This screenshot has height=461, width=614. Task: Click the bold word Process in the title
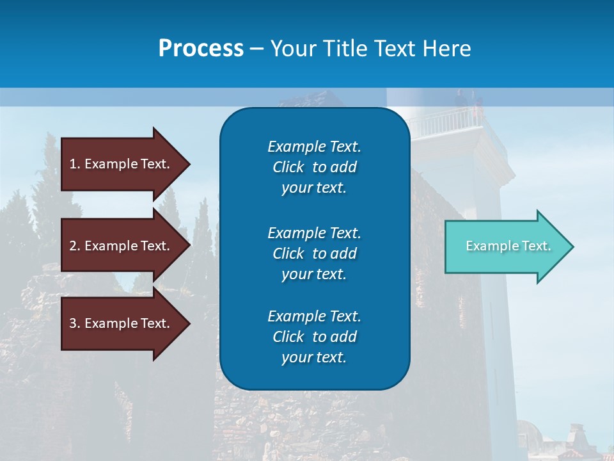coord(201,48)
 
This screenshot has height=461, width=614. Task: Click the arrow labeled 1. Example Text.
coord(122,164)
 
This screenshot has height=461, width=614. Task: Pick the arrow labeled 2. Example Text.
coord(122,246)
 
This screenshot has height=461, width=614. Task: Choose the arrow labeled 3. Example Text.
coord(122,323)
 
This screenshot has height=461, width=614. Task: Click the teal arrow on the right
coord(505,247)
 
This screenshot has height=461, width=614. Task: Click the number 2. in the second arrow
coord(74,246)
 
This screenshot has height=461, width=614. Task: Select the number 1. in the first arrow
coord(74,164)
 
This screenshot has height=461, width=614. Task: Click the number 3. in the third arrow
coord(74,323)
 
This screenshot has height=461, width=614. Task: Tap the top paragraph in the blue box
coord(314,167)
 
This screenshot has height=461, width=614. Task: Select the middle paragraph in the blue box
coord(314,253)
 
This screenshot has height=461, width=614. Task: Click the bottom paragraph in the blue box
coord(314,337)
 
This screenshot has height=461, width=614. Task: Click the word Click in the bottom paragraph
coord(288,337)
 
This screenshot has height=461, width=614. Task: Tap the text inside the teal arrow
coord(508,246)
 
